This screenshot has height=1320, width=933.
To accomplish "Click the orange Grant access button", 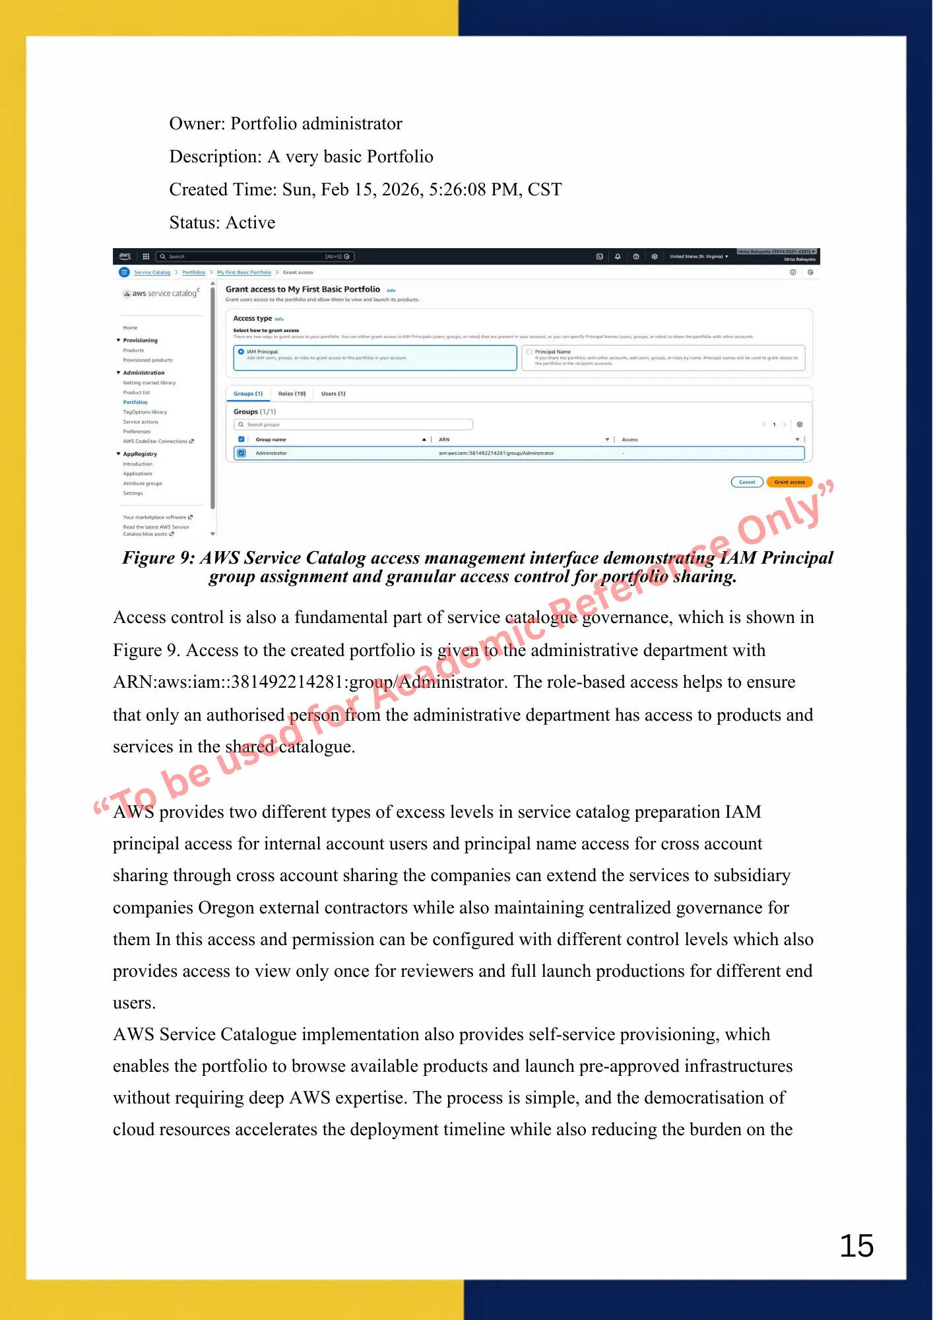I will (789, 482).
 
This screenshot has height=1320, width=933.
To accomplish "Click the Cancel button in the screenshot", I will (747, 482).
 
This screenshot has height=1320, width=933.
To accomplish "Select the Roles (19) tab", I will (292, 393).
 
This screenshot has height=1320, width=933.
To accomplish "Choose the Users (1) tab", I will (333, 393).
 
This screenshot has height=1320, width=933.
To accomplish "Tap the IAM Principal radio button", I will (241, 352).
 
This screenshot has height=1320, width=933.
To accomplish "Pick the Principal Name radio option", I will (529, 352).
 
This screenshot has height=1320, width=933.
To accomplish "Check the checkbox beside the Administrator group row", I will (241, 453).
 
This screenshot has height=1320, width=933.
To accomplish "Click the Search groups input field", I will (353, 424).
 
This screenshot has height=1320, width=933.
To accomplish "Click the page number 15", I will (856, 1246).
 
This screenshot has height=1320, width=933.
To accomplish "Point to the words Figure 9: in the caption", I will (158, 558).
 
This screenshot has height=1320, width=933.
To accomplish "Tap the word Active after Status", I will (250, 222).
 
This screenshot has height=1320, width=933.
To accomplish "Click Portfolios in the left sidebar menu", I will (135, 402).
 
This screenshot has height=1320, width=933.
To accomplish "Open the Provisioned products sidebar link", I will (148, 360).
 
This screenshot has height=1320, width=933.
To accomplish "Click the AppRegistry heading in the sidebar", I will (140, 454).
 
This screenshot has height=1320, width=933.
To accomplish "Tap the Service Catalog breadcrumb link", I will (152, 272).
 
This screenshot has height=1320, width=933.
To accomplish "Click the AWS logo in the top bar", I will (125, 256).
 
